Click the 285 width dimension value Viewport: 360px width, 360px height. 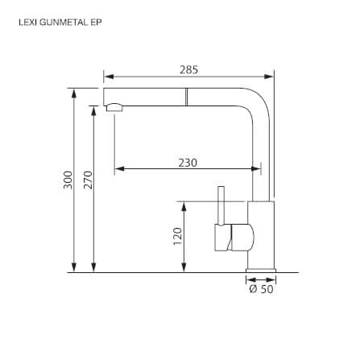[188, 70]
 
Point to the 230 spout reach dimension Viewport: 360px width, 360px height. [188, 163]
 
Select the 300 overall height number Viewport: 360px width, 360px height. [68, 180]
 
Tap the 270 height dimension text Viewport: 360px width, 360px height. [88, 180]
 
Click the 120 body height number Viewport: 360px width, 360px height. [177, 236]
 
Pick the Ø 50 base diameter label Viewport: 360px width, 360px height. [261, 289]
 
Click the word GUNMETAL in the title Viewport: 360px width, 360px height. [64, 23]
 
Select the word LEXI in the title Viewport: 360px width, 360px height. [28, 23]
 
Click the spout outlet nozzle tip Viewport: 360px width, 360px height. [114, 107]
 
